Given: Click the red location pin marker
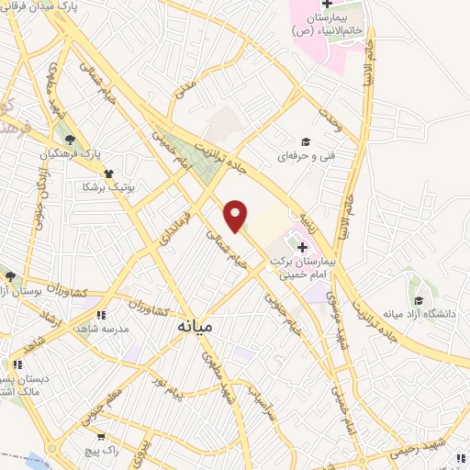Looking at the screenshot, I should coord(236,216).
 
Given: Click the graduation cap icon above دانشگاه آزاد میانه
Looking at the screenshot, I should coord(420,299).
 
